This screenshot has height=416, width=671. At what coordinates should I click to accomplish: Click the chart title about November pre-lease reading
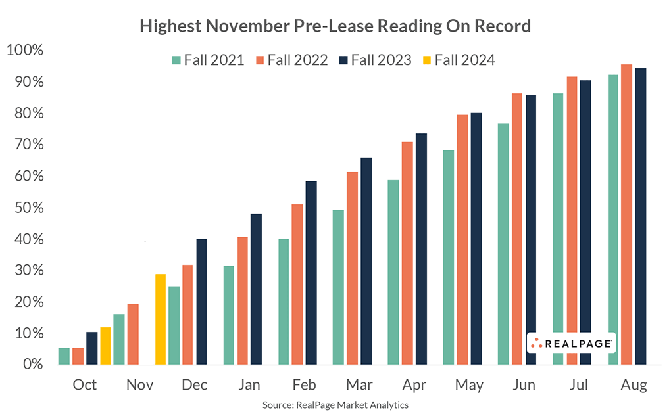(x=335, y=26)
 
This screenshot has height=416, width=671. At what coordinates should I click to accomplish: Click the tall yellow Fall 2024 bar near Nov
(x=161, y=319)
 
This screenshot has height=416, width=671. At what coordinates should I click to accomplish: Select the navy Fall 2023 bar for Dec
(x=201, y=302)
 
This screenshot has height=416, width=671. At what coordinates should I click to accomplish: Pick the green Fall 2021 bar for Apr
(x=393, y=272)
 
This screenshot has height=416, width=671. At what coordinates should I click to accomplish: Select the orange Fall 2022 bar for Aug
(x=626, y=214)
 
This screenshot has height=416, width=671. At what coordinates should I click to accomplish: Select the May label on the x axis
(x=470, y=385)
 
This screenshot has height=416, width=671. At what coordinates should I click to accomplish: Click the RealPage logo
(x=571, y=342)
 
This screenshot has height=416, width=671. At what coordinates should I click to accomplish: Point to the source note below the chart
(x=335, y=405)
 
